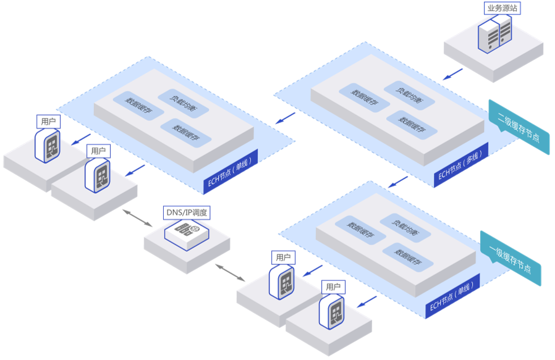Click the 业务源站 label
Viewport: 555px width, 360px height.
[502, 9]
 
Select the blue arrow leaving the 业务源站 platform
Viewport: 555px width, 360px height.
[453, 73]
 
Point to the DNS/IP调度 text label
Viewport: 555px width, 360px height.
[186, 213]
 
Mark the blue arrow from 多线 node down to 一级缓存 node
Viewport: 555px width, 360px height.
[398, 182]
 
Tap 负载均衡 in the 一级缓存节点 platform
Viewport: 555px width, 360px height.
[399, 223]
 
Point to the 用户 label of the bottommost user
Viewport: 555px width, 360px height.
[333, 287]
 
